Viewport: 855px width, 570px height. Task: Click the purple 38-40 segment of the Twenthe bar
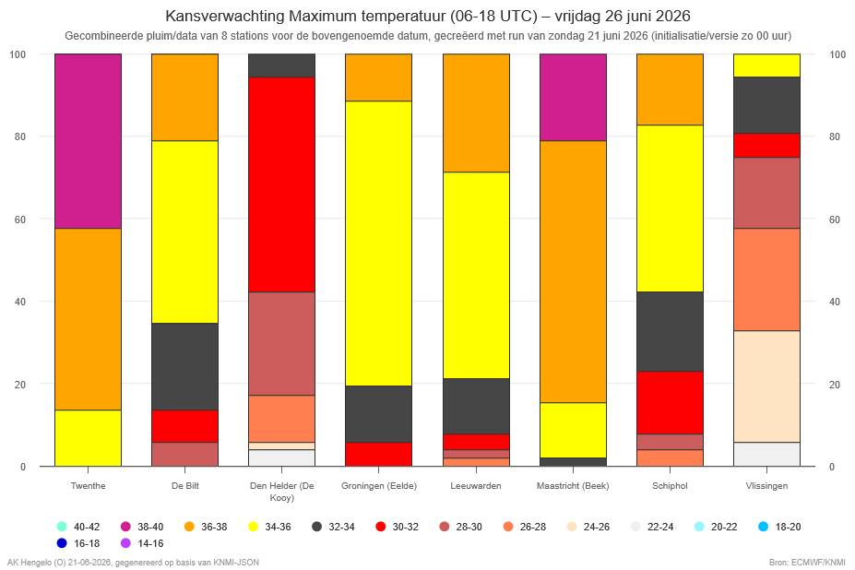88,141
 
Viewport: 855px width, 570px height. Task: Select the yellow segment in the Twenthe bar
88,438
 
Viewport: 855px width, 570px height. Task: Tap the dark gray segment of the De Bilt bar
184,366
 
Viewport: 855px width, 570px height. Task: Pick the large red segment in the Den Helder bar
282,184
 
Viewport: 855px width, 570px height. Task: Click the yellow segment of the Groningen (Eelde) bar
379,243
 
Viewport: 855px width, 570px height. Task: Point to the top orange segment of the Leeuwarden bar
476,113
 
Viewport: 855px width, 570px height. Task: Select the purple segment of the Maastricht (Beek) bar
573,97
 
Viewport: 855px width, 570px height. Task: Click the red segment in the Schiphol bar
671,402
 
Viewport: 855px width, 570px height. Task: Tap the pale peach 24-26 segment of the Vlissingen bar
767,386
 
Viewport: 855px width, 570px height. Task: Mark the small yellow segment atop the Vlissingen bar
767,65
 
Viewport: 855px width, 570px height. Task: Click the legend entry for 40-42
78,527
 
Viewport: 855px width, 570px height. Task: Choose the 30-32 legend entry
398,527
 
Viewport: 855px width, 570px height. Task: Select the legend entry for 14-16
142,543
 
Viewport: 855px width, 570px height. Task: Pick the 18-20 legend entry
780,527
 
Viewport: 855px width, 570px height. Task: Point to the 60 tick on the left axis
19,220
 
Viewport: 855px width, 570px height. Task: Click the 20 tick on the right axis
835,385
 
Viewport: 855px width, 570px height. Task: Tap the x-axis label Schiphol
671,485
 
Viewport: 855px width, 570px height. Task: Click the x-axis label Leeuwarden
476,485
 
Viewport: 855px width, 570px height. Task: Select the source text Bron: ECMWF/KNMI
808,563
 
